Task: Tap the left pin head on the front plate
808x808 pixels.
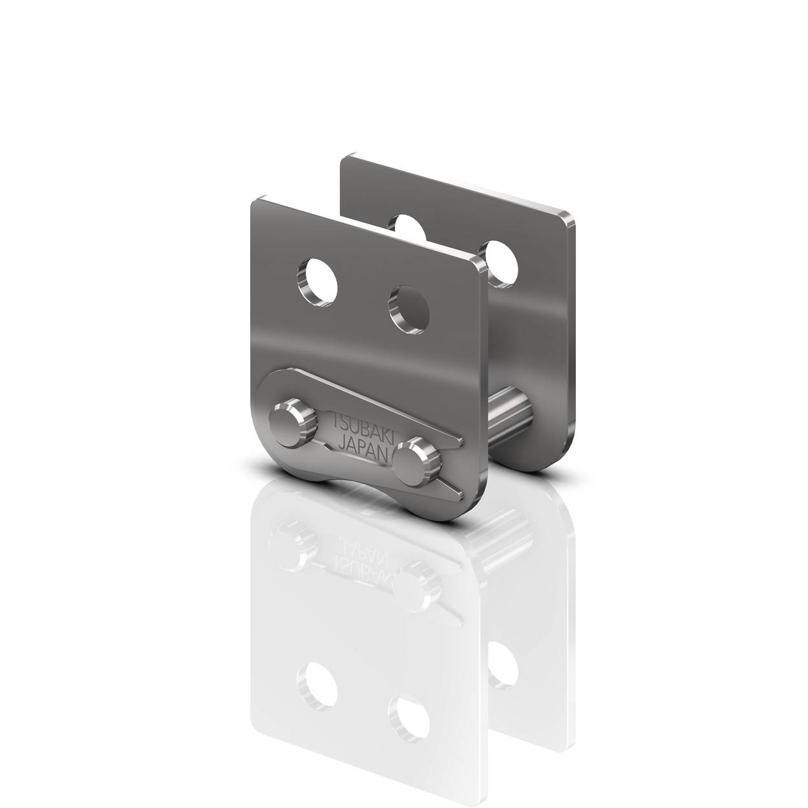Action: (x=292, y=422)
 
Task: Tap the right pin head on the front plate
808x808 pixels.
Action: (x=417, y=463)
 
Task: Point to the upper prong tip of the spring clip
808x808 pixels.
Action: (x=462, y=440)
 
